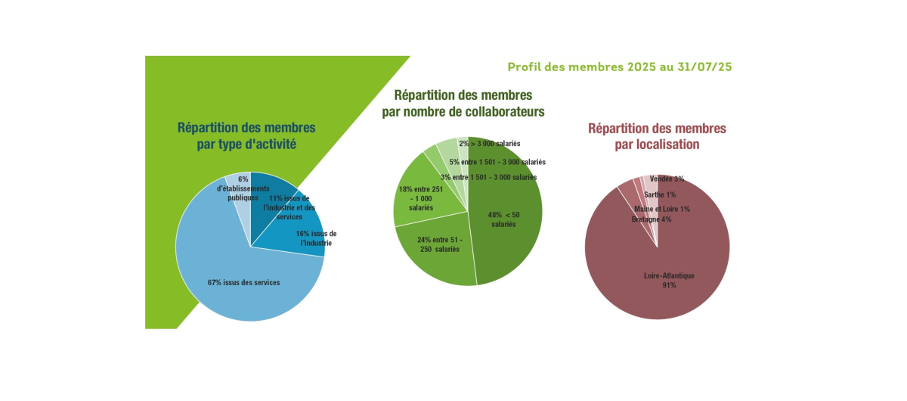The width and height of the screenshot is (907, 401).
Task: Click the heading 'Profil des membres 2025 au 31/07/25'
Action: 619,67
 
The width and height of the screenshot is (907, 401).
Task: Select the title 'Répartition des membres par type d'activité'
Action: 246,135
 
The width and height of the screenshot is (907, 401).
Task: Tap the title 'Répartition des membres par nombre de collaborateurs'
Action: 463,104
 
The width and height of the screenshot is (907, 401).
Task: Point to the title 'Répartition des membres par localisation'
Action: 657,136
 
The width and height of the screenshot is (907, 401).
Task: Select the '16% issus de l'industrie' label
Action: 316,238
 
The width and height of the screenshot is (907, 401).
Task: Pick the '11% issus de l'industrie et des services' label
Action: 289,207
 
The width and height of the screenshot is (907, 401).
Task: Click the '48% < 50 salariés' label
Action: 503,219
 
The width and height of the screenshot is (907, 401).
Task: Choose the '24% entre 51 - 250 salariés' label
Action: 439,244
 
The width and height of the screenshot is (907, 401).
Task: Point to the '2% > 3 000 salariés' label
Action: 489,143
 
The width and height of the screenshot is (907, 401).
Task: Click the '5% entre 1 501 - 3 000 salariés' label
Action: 497,162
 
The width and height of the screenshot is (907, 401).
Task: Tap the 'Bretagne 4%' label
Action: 651,219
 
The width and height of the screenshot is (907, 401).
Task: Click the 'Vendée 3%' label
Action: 666,179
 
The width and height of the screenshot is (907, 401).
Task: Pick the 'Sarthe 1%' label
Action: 659,194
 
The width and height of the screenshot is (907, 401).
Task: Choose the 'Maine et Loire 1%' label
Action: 662,208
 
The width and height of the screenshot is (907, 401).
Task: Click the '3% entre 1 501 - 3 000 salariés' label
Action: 488,177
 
